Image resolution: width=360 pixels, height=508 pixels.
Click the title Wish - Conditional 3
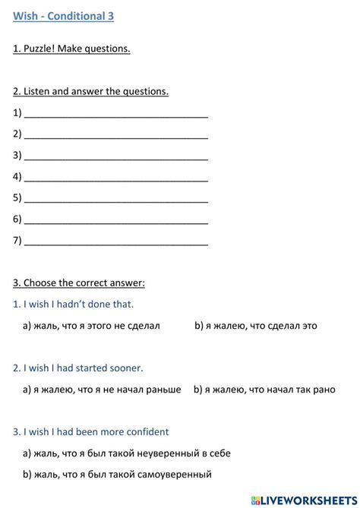click(x=64, y=16)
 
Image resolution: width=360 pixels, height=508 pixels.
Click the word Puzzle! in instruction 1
click(x=43, y=49)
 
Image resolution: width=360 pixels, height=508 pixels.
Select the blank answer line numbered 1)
click(x=116, y=114)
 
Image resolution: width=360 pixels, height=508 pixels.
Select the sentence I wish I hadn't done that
click(x=74, y=304)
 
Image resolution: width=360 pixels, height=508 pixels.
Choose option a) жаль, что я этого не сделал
click(x=92, y=326)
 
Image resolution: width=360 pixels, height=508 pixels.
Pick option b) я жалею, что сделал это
click(x=256, y=326)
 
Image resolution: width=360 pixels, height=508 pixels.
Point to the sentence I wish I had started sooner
click(x=78, y=368)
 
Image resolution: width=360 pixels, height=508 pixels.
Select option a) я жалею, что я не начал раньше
click(x=102, y=390)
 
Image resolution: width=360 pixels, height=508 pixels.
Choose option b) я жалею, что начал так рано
click(x=264, y=390)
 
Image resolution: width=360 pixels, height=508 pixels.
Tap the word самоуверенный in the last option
click(x=175, y=475)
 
